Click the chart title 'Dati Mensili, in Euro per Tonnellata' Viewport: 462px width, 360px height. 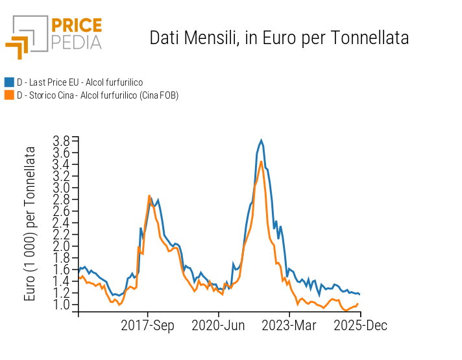279,38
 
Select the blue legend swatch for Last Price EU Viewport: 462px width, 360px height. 9,82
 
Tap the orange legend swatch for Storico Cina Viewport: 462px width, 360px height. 9,95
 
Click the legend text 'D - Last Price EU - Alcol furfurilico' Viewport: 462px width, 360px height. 80,82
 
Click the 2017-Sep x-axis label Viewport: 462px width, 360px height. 148,325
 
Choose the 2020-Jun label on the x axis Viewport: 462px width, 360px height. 218,325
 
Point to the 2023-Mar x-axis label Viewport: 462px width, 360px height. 289,325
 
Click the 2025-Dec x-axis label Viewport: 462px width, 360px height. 359,325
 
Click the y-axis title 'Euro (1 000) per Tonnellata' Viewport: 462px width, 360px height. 30,224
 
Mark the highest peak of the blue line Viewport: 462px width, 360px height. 261,140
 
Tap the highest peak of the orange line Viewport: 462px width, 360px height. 261,162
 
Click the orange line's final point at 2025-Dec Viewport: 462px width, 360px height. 359,303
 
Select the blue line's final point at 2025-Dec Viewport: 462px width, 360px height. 359,294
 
